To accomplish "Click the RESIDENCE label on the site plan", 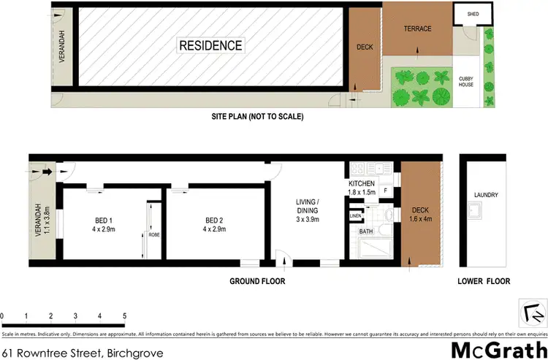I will tap(211, 46).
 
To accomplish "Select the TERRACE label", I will tap(418, 29).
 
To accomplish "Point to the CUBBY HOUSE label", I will tap(465, 81).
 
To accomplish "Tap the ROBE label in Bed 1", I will tap(153, 235).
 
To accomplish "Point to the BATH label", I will tap(365, 231).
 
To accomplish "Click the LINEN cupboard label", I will tap(355, 216).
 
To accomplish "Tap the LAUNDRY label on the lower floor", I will tap(485, 195).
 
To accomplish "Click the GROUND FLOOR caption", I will tap(257, 281).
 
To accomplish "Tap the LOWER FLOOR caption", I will tap(483, 281).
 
